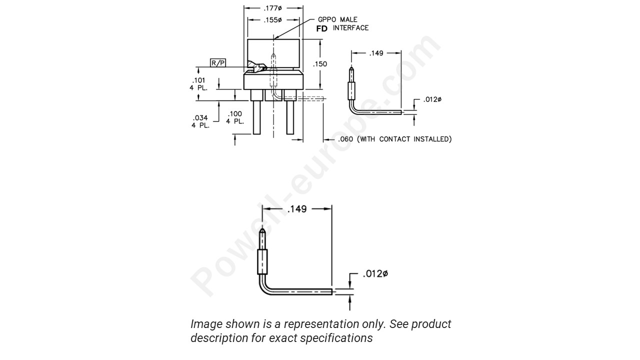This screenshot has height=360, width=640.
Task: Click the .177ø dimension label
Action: point(273,8)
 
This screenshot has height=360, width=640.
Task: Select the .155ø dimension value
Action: point(273,20)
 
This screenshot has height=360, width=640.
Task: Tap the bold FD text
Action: point(322,29)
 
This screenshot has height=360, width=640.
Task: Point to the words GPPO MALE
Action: point(337,19)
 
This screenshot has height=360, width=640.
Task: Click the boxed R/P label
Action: point(218,62)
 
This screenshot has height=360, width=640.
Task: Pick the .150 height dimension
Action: point(320,64)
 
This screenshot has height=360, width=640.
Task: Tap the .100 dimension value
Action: point(234,114)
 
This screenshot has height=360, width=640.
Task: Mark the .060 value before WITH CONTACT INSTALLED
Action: point(345,139)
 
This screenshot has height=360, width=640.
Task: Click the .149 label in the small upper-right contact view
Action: point(376,53)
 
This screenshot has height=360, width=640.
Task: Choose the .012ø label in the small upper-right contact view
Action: point(432,99)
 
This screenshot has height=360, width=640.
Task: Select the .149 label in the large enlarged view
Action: point(296,209)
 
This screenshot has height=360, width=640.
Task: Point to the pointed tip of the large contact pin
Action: point(262,231)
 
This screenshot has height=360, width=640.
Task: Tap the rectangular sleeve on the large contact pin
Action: point(262,261)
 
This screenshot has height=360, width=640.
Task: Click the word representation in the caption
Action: point(318,324)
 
